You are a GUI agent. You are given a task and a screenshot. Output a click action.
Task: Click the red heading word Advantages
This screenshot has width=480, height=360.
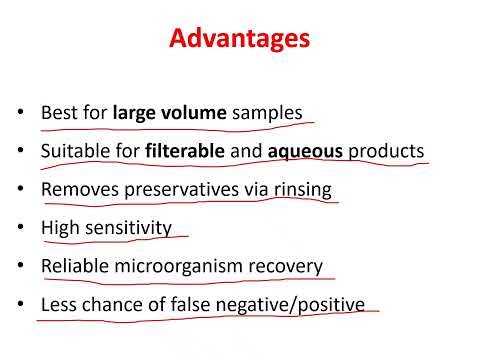239,40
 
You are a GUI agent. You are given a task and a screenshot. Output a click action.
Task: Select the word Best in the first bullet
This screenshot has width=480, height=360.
57,113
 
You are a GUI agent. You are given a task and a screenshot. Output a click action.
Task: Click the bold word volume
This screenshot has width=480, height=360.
195,113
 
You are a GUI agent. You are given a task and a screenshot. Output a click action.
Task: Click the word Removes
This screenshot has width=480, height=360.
76,190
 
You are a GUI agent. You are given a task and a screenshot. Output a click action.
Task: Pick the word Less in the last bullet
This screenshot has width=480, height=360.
57,303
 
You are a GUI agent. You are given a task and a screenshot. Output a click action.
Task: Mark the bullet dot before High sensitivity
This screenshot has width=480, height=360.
22,229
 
